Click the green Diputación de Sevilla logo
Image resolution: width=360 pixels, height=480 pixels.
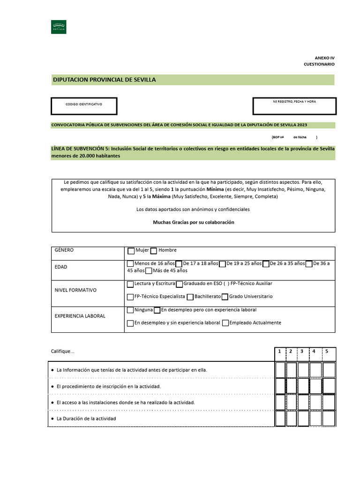click(x=59, y=27)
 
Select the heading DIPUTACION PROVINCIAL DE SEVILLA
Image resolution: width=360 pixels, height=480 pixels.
click(x=105, y=80)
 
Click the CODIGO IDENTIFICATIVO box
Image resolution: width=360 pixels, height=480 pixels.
click(x=84, y=106)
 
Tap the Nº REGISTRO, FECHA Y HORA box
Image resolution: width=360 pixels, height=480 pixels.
click(x=294, y=106)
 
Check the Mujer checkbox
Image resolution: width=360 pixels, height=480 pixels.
click(x=131, y=251)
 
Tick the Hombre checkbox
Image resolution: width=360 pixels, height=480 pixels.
click(x=154, y=251)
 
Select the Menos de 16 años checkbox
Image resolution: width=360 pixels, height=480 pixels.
click(x=130, y=264)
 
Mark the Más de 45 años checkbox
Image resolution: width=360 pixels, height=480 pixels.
click(x=149, y=271)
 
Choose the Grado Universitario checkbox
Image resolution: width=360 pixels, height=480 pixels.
click(x=225, y=297)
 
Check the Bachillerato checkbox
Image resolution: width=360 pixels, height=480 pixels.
click(x=190, y=297)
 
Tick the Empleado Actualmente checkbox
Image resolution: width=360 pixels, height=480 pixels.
click(x=225, y=323)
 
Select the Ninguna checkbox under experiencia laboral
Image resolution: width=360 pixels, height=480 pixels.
click(x=130, y=310)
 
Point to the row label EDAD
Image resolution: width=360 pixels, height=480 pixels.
click(x=61, y=267)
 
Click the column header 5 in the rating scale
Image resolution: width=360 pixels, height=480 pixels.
click(x=327, y=351)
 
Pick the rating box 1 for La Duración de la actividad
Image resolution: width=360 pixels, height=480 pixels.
click(x=280, y=418)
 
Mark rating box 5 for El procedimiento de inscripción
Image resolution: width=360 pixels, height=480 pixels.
click(x=329, y=386)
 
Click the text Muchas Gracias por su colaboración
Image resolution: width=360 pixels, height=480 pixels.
click(x=193, y=222)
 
